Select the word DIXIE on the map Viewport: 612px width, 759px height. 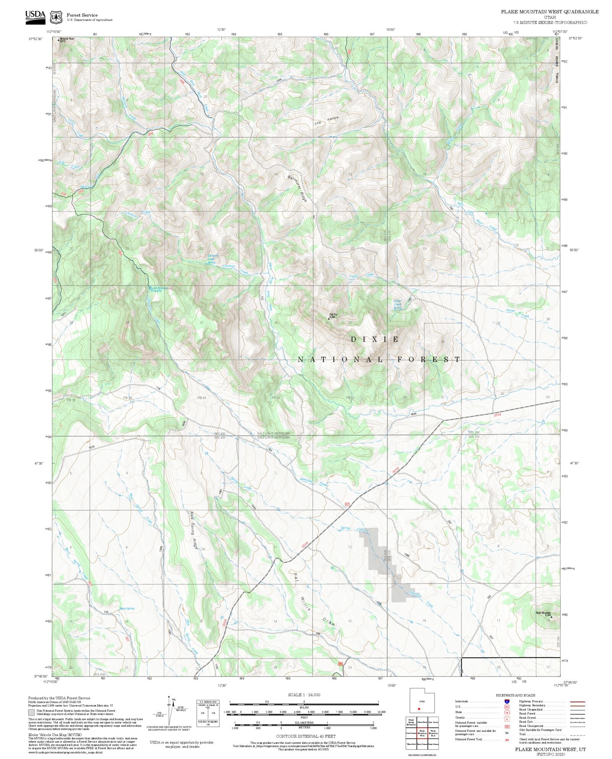[375, 339]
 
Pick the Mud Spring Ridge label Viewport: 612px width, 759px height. [194, 530]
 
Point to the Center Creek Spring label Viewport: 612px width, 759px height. [398, 304]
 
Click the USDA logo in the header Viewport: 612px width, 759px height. [35, 17]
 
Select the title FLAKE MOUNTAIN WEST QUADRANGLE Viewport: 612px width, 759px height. [550, 12]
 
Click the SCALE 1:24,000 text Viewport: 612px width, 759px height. [304, 695]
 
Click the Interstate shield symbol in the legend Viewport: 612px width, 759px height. [507, 702]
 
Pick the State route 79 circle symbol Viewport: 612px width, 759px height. [507, 712]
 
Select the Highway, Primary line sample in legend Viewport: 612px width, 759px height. [578, 702]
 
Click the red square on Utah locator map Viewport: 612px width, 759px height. [420, 709]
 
